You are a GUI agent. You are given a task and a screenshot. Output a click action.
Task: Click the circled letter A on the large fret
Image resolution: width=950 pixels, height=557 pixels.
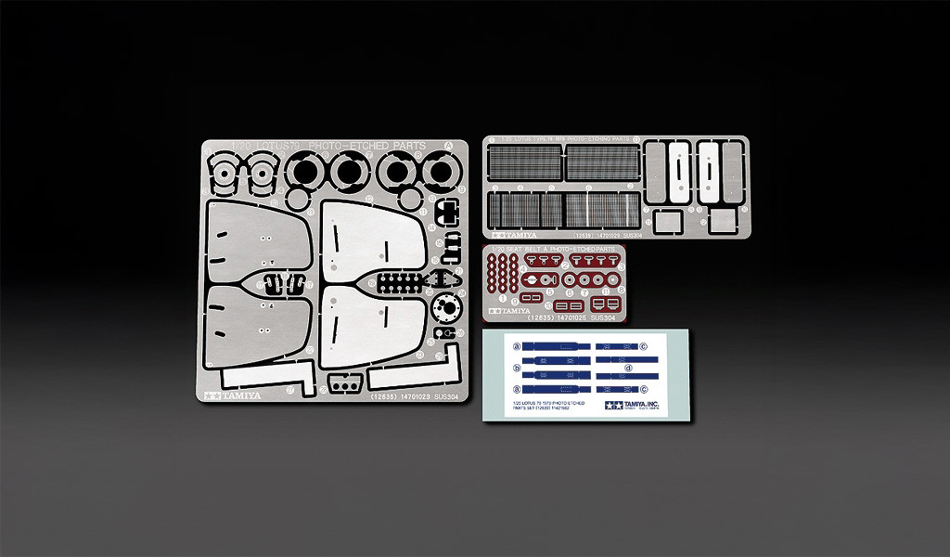click(449, 146)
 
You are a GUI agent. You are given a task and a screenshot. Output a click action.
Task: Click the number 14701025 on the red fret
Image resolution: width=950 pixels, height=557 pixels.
click(572, 317)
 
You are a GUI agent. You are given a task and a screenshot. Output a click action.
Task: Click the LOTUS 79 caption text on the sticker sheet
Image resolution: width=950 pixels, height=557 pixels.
click(544, 405)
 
